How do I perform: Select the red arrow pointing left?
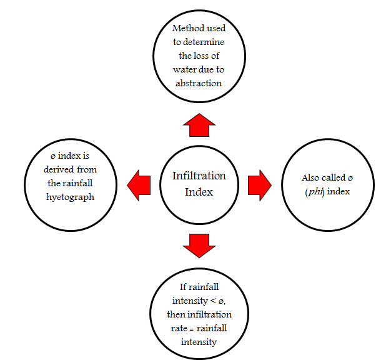click(139, 186)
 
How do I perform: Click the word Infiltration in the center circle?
click(199, 176)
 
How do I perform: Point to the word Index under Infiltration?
click(199, 191)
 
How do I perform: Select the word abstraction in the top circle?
click(199, 82)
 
